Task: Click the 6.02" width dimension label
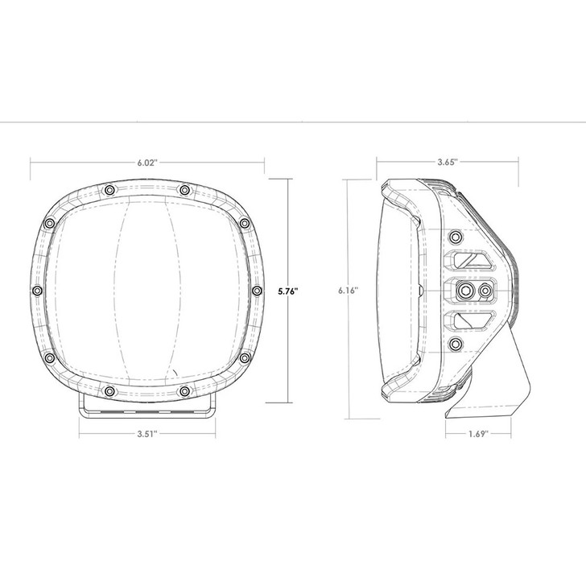[x=147, y=162]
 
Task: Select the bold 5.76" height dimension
[x=287, y=291]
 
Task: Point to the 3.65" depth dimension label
[x=448, y=162]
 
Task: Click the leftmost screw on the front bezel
[x=36, y=290]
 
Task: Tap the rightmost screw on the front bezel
[x=257, y=290]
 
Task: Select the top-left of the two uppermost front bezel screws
[x=108, y=190]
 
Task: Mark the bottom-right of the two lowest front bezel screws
[x=186, y=391]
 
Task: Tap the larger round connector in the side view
[x=465, y=290]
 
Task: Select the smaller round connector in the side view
[x=485, y=290]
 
